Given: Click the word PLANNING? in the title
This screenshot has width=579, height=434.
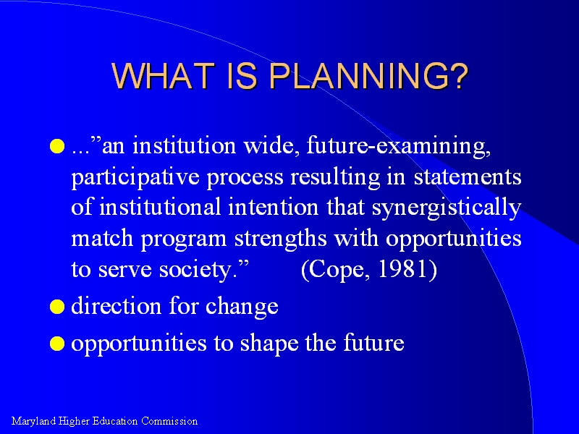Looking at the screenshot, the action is [368, 76].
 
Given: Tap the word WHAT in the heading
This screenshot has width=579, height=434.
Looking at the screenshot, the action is [163, 76].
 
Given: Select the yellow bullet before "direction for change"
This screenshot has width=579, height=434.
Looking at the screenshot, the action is [57, 307].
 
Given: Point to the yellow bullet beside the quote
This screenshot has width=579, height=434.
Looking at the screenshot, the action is [57, 146].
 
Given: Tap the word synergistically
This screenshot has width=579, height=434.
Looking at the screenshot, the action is [447, 208].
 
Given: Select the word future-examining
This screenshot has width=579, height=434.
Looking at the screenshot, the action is [399, 146].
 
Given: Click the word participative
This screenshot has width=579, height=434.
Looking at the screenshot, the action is [135, 177].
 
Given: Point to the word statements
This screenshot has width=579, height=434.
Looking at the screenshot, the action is [468, 177].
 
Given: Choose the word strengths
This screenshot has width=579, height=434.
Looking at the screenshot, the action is [281, 239].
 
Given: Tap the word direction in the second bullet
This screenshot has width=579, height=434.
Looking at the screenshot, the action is [117, 306].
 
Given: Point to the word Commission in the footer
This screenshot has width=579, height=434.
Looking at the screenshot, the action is [169, 421].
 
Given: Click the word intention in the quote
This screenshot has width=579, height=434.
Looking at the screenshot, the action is [274, 208].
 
